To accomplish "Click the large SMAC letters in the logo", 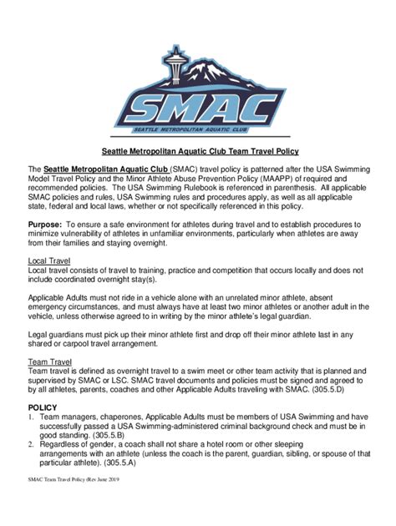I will [x=197, y=106].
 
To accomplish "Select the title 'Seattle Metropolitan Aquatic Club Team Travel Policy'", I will [x=198, y=152].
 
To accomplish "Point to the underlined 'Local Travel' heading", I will [x=52, y=261].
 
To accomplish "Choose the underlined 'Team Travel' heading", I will [x=51, y=362].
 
